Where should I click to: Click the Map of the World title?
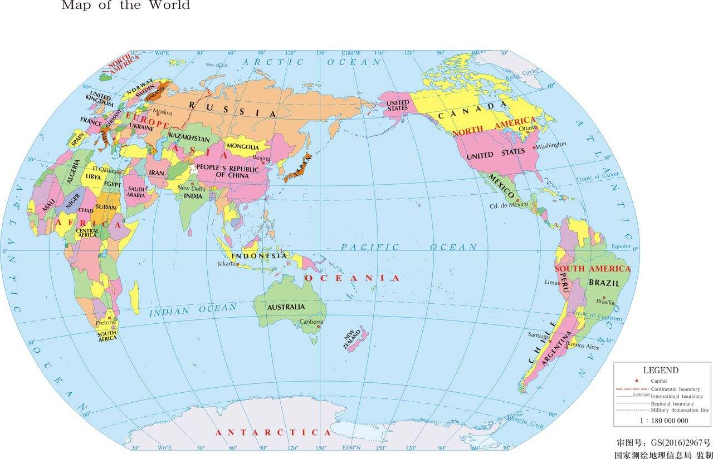[125, 6]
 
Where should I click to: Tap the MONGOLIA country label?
[242, 147]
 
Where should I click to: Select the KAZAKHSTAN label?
[189, 137]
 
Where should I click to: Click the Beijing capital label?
[261, 159]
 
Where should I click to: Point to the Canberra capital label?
[311, 322]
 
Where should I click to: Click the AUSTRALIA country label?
[286, 307]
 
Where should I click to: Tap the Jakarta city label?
[227, 264]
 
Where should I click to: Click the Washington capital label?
[551, 145]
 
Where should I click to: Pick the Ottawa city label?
[528, 128]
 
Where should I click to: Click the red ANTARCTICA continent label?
[273, 432]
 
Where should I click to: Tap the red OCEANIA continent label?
[351, 278]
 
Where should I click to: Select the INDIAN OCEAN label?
[193, 310]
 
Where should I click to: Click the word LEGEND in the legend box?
[661, 370]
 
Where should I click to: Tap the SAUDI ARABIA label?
[136, 192]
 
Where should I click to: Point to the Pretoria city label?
[106, 322]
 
